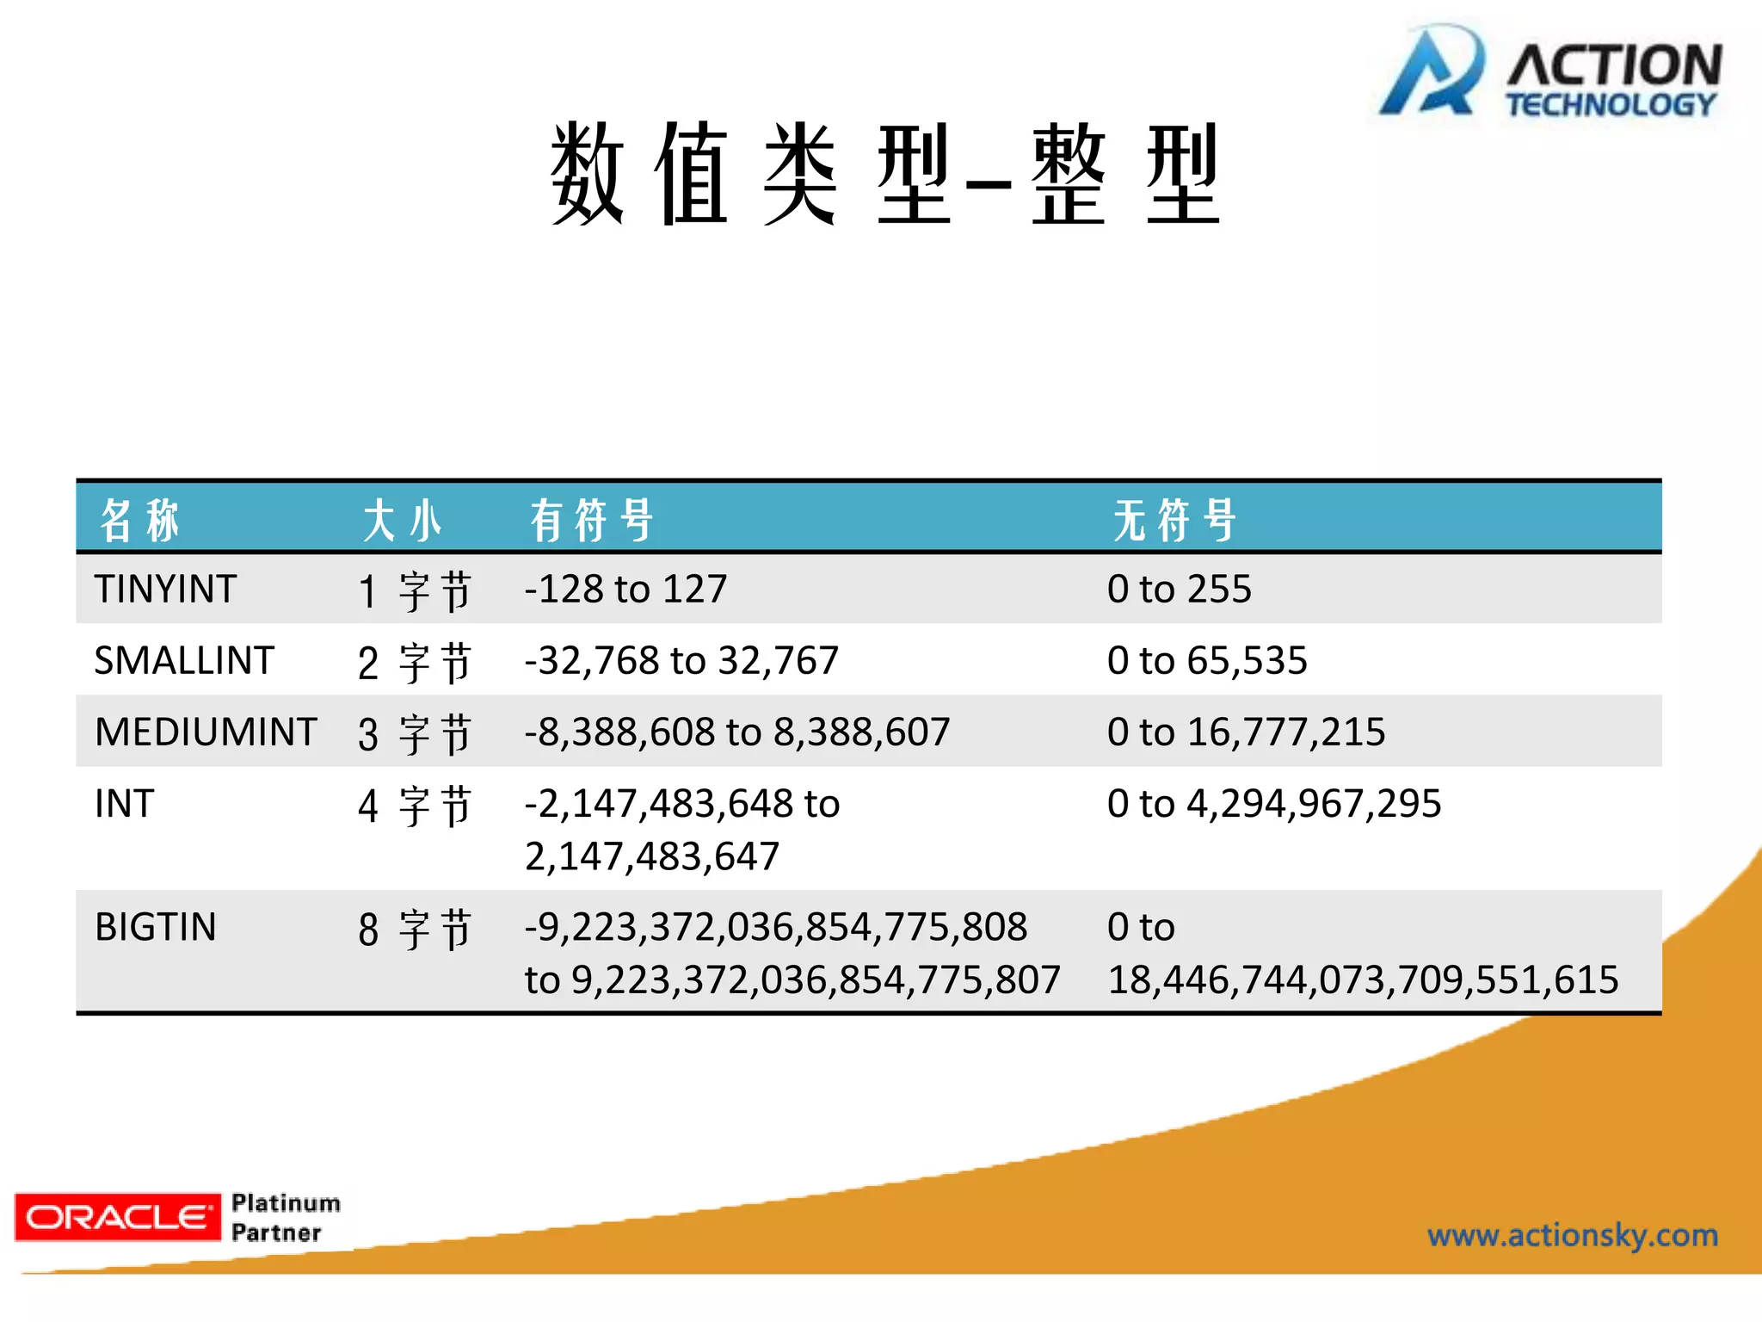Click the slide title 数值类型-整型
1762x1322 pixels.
pos(884,174)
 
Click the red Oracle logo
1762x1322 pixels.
pos(117,1216)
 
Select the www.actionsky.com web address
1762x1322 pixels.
pos(1572,1235)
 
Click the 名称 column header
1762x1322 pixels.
pos(139,520)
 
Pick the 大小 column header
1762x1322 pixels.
pos(402,520)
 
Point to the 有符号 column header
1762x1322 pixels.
pos(592,520)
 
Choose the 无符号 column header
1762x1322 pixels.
pos(1174,520)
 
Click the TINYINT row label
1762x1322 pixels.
pos(165,590)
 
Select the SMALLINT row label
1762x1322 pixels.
pos(184,661)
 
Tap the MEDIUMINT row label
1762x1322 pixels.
pos(206,732)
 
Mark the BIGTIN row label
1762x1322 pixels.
pos(156,927)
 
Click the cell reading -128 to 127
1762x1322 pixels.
pos(625,590)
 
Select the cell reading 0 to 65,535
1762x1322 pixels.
pos(1207,661)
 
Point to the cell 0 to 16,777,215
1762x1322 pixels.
pos(1246,732)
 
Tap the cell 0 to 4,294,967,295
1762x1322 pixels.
pos(1273,804)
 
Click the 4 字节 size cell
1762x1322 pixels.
pos(415,806)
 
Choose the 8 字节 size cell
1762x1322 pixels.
pos(415,929)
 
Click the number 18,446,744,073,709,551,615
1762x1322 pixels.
pos(1363,979)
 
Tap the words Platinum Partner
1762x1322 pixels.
pos(286,1217)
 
